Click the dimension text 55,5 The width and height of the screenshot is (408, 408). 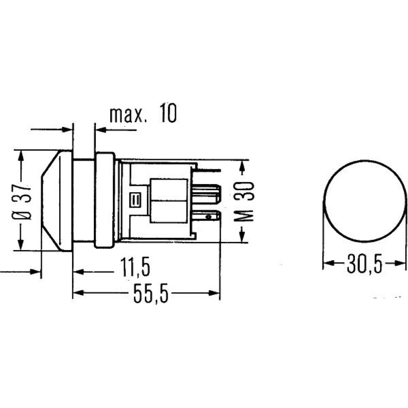click(151, 293)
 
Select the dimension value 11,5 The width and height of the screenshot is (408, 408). click(135, 268)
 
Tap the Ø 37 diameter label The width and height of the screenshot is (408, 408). click(22, 202)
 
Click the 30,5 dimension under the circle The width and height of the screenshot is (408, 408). click(364, 263)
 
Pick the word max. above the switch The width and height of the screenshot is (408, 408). click(126, 115)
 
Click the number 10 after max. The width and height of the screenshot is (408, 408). click(169, 113)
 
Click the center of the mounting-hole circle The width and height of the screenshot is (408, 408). click(365, 201)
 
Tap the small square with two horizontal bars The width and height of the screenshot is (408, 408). click(135, 200)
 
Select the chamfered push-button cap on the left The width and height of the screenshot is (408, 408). click(57, 200)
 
